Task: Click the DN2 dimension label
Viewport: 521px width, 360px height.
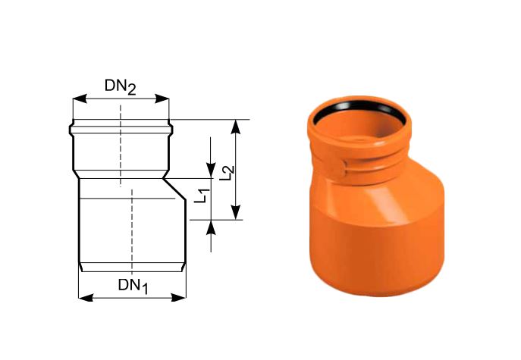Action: pos(121,86)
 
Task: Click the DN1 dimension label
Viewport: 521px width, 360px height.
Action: pos(133,286)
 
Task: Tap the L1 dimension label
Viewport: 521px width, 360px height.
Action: pos(202,196)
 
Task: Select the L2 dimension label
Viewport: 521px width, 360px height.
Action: pos(227,173)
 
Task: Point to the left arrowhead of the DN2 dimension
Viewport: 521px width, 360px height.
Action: pos(80,99)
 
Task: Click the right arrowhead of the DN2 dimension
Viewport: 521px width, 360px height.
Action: pos(162,99)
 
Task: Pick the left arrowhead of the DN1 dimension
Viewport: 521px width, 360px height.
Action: pos(86,298)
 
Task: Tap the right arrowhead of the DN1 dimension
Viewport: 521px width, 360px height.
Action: pos(178,298)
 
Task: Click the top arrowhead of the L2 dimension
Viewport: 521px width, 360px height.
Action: pos(236,127)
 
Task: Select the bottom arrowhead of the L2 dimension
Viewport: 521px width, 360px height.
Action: pos(236,212)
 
